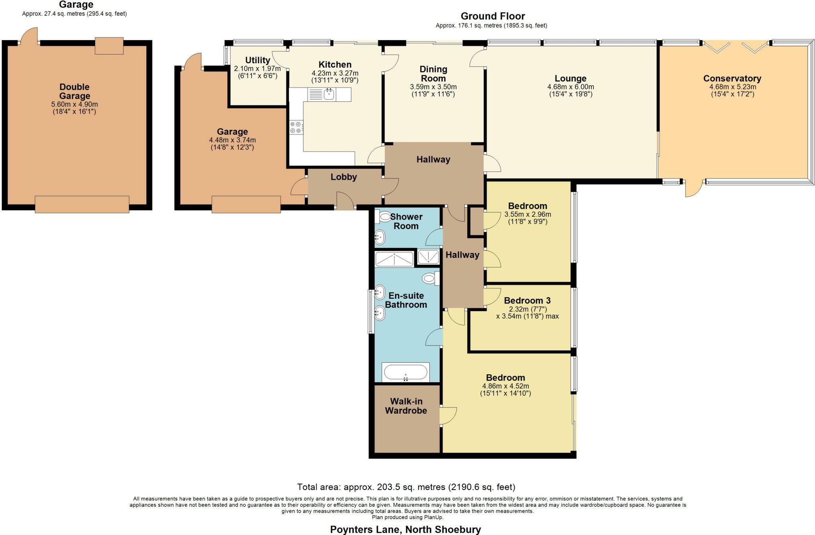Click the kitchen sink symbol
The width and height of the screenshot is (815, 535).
[329, 94]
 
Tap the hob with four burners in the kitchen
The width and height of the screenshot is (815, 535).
[296, 127]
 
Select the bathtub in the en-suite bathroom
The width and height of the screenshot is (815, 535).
[406, 373]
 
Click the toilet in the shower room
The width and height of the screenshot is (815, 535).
[385, 217]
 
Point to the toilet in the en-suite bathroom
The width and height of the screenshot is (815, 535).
[429, 278]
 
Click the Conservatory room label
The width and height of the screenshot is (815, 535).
[732, 78]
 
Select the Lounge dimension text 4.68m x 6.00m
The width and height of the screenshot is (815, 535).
[570, 87]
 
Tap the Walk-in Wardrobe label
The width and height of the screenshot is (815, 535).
[406, 406]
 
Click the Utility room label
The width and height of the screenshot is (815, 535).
[257, 60]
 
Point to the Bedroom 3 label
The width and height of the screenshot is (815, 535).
[527, 300]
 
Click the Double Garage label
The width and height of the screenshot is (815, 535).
[74, 91]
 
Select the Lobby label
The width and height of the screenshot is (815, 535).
[343, 177]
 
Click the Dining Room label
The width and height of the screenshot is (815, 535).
[433, 74]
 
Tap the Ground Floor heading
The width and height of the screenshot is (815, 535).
[492, 16]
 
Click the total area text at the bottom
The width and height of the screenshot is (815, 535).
[406, 487]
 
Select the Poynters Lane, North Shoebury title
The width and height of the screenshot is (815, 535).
[405, 529]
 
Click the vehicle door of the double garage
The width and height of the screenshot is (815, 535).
[82, 204]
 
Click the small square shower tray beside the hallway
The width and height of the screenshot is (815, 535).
[428, 257]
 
